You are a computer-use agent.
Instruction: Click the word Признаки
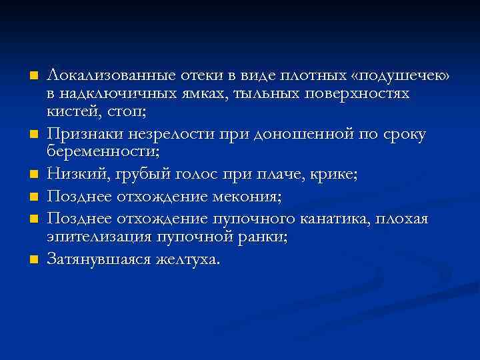click(81, 135)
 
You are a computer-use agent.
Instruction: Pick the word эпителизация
click(95, 237)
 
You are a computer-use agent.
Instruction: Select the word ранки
click(265, 237)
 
